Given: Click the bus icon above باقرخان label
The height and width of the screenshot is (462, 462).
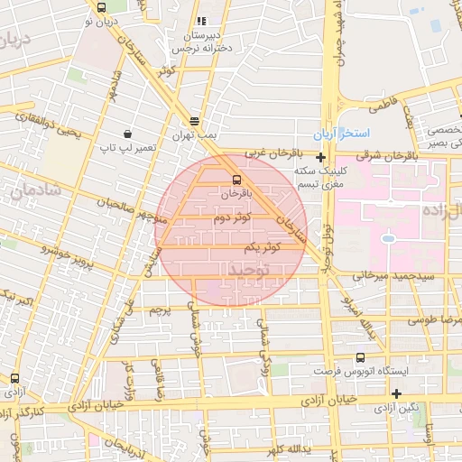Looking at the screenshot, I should click(x=236, y=179).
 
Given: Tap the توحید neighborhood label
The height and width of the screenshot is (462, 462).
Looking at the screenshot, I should click(x=249, y=269).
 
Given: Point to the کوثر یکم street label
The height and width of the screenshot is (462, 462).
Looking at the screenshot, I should click(x=258, y=246).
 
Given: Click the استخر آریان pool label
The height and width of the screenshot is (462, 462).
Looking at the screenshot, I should click(x=343, y=134).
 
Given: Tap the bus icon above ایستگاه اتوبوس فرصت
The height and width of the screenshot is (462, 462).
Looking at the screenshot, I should click(x=361, y=357).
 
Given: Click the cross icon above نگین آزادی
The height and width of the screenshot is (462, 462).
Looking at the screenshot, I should click(x=396, y=393).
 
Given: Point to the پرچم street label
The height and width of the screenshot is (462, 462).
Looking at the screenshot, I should click(x=160, y=310).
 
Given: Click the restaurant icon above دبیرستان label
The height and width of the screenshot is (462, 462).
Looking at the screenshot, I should click(x=201, y=20).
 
